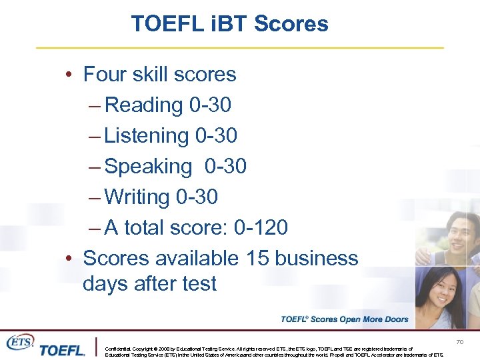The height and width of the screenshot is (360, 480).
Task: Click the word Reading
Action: click(144, 105)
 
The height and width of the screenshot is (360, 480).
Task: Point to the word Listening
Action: click(147, 135)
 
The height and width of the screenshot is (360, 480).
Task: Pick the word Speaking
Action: click(148, 166)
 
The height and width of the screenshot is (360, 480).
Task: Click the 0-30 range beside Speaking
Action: click(225, 166)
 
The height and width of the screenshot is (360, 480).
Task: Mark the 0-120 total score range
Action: click(261, 227)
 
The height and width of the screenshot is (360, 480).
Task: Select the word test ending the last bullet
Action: click(198, 283)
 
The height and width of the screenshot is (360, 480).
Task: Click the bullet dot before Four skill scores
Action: click(69, 75)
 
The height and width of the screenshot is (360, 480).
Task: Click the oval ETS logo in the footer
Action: click(19, 342)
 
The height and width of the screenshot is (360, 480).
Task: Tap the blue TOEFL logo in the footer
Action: click(62, 350)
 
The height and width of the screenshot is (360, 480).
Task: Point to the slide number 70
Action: click(459, 342)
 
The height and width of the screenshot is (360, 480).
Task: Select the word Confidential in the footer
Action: click(118, 349)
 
